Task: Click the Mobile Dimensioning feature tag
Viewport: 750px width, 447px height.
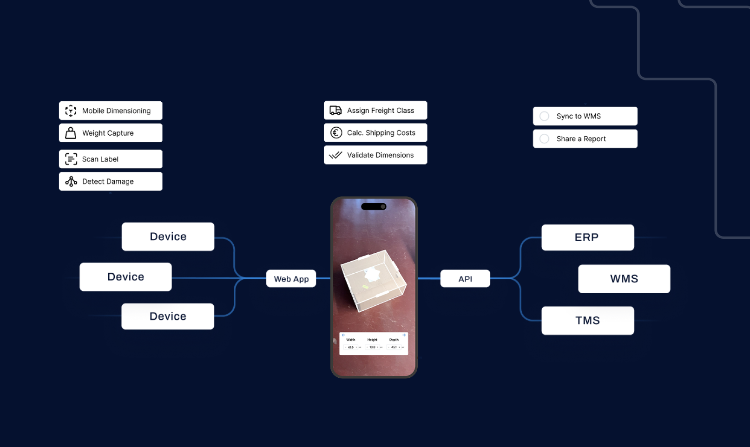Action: coord(111,111)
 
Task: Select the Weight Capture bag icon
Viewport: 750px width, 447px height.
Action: coord(71,133)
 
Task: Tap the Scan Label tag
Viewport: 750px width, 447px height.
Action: coord(111,159)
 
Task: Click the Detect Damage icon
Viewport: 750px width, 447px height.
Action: coord(71,181)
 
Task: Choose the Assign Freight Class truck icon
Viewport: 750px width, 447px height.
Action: coord(336,111)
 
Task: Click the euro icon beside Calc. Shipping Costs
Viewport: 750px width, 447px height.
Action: coord(336,133)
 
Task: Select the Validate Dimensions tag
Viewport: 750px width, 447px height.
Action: coord(375,155)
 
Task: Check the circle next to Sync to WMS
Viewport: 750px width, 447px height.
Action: coord(544,116)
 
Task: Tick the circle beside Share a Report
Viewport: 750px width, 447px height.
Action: coord(544,139)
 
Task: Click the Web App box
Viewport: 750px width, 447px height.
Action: coord(291,279)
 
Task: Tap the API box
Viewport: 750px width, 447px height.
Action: coord(465,279)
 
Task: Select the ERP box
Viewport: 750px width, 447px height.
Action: coord(587,237)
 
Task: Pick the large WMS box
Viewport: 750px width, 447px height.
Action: coord(624,279)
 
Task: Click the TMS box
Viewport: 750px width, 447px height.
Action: coord(587,321)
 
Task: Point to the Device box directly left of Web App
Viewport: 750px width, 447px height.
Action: coord(125,277)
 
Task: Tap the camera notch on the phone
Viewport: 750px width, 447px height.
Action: coord(374,207)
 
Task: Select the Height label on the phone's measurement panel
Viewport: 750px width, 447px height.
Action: coord(372,340)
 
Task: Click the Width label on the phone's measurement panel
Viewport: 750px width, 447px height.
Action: coord(351,340)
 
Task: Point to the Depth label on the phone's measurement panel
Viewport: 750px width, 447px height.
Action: coord(394,340)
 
